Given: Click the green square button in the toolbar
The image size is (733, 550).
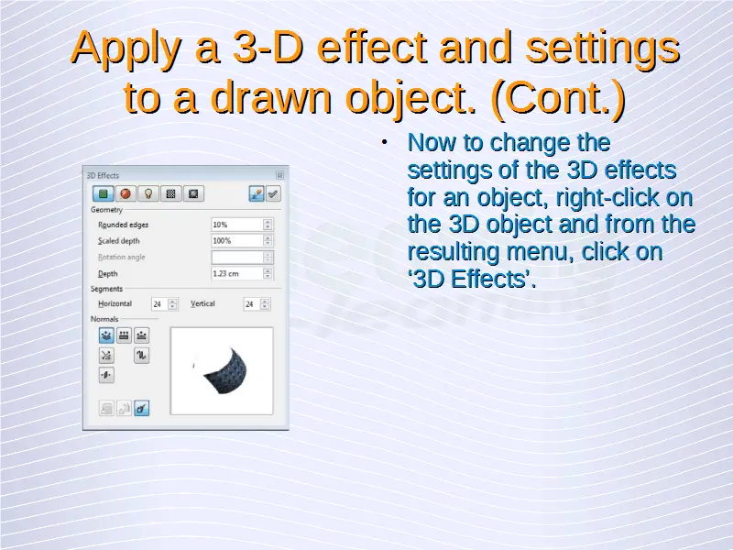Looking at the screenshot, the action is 103,193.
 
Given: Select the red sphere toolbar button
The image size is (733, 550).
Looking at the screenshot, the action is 126,193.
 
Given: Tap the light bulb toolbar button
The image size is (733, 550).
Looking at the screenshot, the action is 148,193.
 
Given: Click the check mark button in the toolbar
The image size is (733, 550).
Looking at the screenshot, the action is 273,193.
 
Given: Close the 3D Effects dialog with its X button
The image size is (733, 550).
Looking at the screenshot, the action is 279,175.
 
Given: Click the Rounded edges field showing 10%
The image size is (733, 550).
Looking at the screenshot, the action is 236,225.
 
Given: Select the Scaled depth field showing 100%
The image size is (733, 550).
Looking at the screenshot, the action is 236,241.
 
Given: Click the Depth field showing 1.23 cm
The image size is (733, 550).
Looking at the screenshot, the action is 236,273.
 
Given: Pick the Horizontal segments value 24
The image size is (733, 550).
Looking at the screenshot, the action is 159,304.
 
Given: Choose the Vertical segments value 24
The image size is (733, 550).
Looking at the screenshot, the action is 251,304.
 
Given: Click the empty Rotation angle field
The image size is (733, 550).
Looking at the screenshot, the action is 236,258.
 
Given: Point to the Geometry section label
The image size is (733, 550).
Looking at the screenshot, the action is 106,210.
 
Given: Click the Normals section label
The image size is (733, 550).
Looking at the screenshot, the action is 104,319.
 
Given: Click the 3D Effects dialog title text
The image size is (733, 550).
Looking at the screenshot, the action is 103,175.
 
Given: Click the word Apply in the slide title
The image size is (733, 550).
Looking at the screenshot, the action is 126,49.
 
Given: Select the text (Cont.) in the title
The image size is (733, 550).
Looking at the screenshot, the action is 559,97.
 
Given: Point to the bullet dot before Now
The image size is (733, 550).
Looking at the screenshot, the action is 384,142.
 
